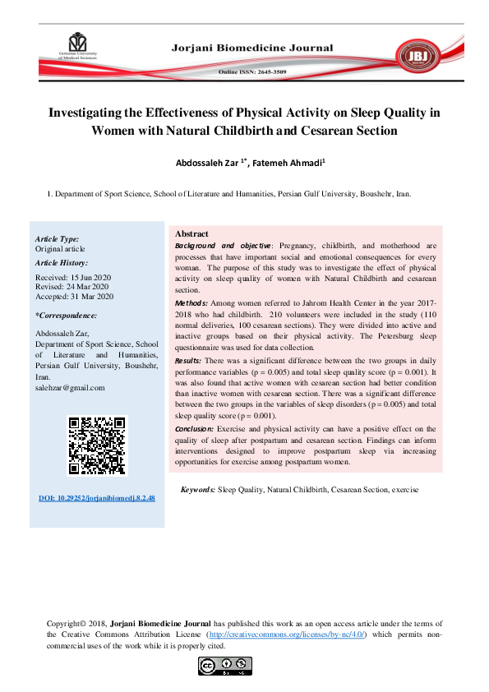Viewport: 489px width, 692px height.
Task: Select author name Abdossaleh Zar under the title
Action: (x=208, y=163)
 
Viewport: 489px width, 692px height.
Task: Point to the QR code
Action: (x=98, y=446)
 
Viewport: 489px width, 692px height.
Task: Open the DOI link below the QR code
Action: (x=97, y=499)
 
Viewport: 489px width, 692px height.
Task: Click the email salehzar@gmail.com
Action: (x=70, y=387)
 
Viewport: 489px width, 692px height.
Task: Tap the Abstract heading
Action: (x=192, y=233)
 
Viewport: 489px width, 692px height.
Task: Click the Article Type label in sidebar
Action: (x=58, y=238)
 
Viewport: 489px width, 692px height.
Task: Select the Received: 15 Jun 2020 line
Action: (x=74, y=277)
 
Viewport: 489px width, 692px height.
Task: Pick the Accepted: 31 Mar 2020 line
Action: (x=74, y=297)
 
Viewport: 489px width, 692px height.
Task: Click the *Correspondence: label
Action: (x=67, y=316)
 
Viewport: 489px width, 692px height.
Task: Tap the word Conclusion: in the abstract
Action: (x=194, y=429)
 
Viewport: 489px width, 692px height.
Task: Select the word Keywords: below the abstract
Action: (x=197, y=489)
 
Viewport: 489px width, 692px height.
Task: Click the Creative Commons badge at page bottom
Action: (x=224, y=667)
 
